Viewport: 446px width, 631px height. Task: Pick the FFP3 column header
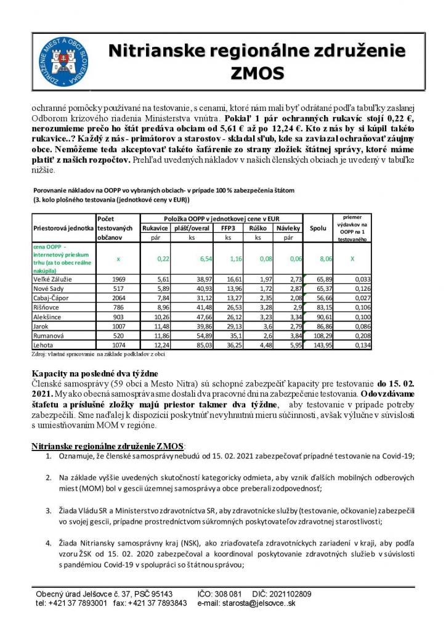pyautogui.click(x=228, y=227)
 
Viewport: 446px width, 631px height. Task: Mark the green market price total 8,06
pyautogui.click(x=324, y=259)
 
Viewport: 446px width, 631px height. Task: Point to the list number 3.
pyautogui.click(x=50, y=511)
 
